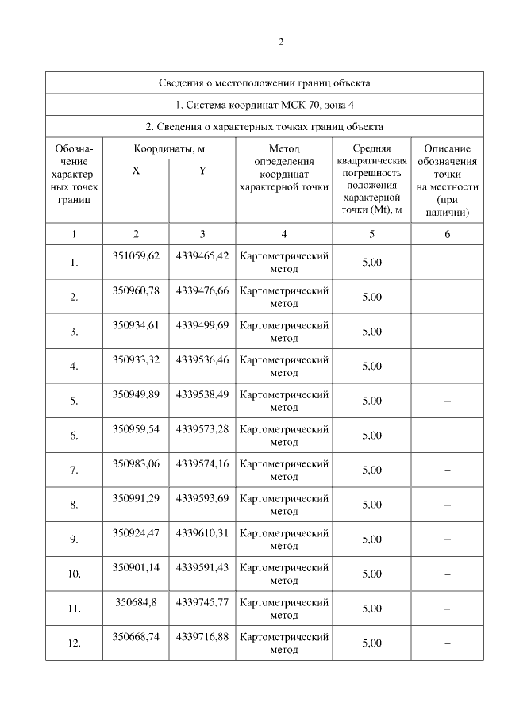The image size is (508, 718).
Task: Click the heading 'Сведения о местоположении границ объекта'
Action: point(264,83)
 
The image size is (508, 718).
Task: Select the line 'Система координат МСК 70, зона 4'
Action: point(264,104)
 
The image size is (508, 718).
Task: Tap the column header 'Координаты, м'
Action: point(169,148)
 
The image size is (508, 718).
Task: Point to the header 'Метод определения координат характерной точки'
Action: point(283,168)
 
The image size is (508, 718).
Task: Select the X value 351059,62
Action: point(136,255)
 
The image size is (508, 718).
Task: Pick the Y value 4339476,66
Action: point(202,290)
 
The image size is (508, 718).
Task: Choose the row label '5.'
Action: point(74,401)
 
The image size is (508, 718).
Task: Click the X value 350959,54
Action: point(136,429)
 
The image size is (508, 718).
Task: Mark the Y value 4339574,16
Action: point(202,463)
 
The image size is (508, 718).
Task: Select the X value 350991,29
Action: point(136,498)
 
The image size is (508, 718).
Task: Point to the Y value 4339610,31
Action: point(202,532)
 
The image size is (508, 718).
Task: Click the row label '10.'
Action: point(74,574)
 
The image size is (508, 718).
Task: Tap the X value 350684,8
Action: point(136,602)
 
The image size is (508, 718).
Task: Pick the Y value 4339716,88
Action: point(202,636)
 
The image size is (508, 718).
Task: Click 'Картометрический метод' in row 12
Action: point(283,643)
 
